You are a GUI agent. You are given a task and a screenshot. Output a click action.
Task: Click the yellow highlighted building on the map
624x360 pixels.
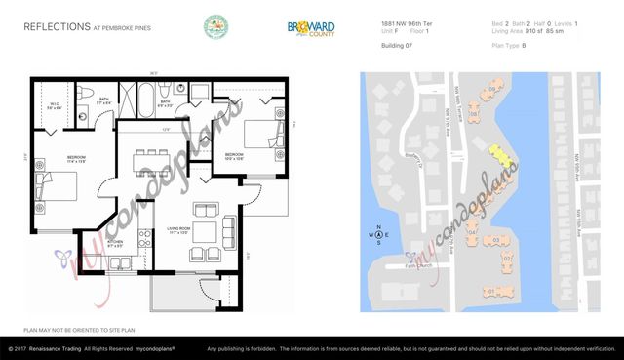(500, 154)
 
